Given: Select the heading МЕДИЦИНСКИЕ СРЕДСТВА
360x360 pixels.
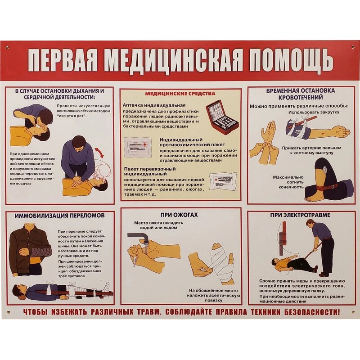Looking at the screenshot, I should click(180, 94).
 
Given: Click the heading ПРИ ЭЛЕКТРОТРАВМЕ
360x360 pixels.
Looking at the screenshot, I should click(300, 215).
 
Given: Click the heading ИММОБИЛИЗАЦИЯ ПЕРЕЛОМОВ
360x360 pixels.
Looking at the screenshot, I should click(59, 216).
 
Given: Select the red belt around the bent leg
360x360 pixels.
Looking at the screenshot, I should click(326, 186).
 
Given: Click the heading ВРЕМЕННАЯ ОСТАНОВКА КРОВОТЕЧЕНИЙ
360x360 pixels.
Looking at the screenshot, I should click(300, 94).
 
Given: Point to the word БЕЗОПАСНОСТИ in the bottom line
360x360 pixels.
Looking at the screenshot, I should click(304, 312).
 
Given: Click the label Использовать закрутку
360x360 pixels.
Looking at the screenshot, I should click(314, 112).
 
